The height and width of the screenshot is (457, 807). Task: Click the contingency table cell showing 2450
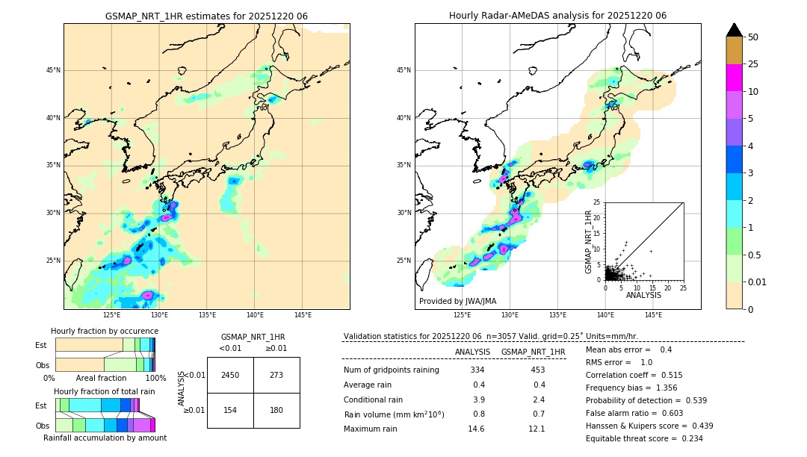[x=230, y=375]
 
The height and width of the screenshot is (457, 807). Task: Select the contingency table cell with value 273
[x=276, y=375]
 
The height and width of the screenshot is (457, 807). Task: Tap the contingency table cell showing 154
[x=230, y=410]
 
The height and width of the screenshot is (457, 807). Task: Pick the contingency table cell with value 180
[x=276, y=410]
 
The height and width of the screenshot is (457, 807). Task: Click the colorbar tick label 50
[x=753, y=37]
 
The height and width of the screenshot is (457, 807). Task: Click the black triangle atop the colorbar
[x=735, y=30]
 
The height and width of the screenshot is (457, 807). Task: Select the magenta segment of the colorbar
[x=735, y=78]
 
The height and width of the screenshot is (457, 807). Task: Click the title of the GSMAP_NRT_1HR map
[x=206, y=16]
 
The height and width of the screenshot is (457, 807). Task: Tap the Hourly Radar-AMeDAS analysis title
[x=557, y=16]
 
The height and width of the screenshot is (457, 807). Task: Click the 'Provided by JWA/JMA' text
[x=457, y=302]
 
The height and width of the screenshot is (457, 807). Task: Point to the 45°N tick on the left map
[x=53, y=71]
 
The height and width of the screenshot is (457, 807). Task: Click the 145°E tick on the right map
[x=653, y=315]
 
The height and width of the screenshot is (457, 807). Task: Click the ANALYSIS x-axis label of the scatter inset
[x=643, y=295]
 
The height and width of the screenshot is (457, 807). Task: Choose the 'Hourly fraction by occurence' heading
[x=105, y=331]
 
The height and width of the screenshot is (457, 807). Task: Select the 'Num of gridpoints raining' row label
[x=392, y=370]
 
